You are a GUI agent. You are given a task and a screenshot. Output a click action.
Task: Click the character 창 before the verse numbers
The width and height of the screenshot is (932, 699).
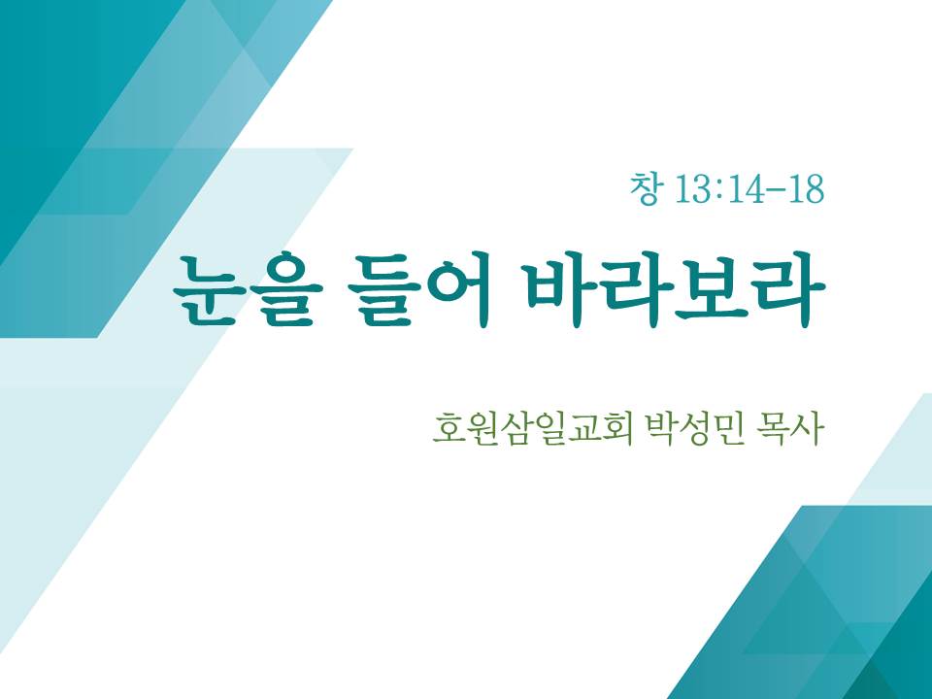645,188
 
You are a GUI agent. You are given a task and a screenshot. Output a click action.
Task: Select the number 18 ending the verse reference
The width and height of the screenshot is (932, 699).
806,189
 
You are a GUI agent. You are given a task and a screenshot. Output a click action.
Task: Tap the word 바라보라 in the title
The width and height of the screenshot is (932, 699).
677,290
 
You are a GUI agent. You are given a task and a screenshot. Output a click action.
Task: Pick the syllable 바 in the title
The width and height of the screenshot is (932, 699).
562,290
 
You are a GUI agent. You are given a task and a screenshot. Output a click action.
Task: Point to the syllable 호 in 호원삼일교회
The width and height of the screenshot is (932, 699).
449,428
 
